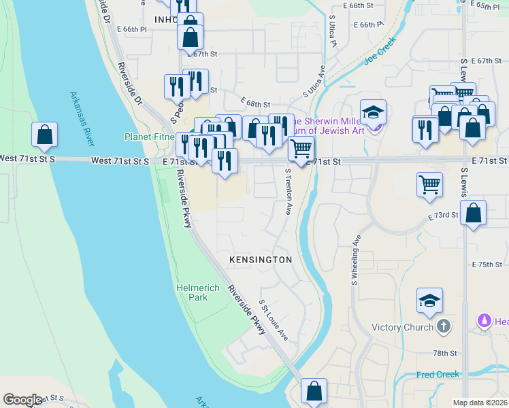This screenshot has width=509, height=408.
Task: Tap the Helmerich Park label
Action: (198, 292)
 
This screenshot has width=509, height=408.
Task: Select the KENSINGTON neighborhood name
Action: (261, 260)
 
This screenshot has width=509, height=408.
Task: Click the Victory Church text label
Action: (403, 327)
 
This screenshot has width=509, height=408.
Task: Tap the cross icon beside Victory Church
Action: (444, 326)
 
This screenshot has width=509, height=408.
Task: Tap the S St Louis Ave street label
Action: (274, 320)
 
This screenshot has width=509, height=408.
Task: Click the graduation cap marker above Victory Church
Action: (429, 301)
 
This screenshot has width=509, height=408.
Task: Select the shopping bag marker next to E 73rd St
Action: (474, 212)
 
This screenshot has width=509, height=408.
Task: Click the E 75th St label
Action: (486, 264)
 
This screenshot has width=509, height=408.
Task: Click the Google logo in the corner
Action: (22, 400)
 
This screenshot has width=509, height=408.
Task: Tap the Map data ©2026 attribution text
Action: (480, 403)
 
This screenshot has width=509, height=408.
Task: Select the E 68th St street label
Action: (256, 104)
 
